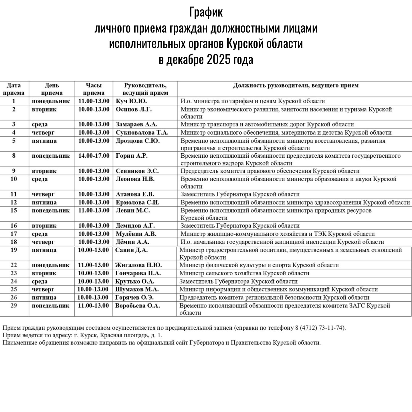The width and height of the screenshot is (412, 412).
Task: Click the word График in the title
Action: (x=206, y=13)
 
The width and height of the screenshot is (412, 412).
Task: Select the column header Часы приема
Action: (x=94, y=89)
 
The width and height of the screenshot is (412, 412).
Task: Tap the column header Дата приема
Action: (x=14, y=89)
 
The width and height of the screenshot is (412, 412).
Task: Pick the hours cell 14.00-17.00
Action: (x=94, y=156)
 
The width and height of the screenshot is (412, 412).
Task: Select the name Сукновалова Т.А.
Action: (x=142, y=132)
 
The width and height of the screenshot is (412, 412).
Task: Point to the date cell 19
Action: (x=14, y=250)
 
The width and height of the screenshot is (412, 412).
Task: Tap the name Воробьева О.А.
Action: (x=137, y=306)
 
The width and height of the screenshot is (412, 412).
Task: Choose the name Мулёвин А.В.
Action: (x=136, y=234)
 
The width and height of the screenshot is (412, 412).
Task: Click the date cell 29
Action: (x=14, y=306)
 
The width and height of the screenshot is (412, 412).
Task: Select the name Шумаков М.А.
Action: (x=137, y=289)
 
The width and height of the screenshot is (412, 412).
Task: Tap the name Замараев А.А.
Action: (x=136, y=124)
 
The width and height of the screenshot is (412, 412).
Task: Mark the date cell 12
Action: (x=14, y=202)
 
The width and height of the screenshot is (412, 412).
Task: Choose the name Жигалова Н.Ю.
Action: (x=138, y=265)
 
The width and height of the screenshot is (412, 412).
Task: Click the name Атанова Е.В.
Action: (x=135, y=194)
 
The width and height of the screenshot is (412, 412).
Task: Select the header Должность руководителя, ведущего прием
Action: (x=296, y=85)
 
